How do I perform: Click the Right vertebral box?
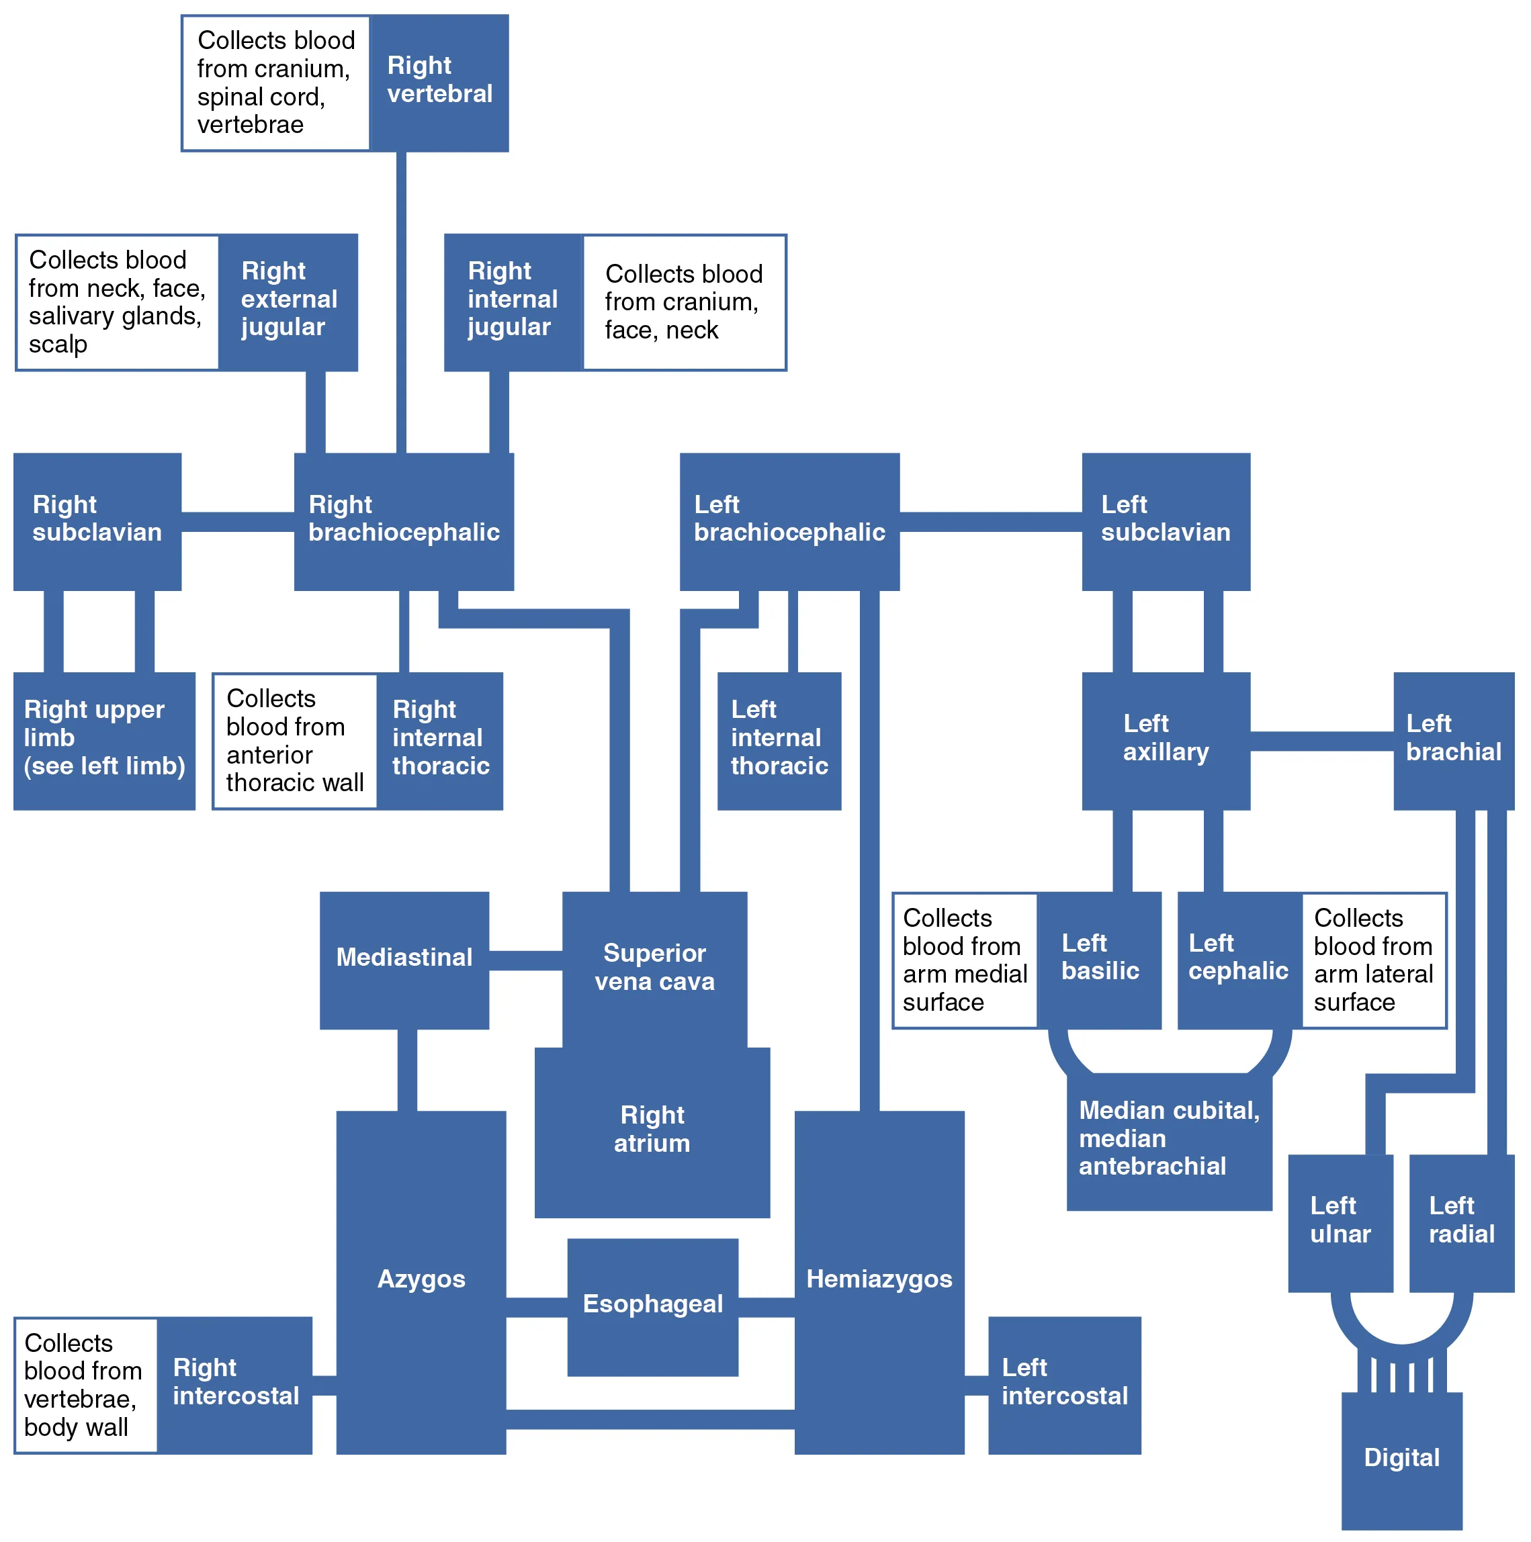[x=439, y=83]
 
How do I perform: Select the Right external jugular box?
[x=288, y=302]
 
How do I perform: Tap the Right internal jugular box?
[x=513, y=302]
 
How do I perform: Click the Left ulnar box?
[x=1340, y=1222]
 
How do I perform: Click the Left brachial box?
[x=1453, y=740]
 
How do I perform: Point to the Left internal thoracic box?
[x=779, y=740]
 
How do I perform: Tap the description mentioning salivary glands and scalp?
[x=116, y=302]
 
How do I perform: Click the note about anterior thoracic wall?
[x=294, y=740]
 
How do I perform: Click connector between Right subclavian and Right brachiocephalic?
[x=237, y=522]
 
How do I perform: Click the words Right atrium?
[x=652, y=1130]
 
